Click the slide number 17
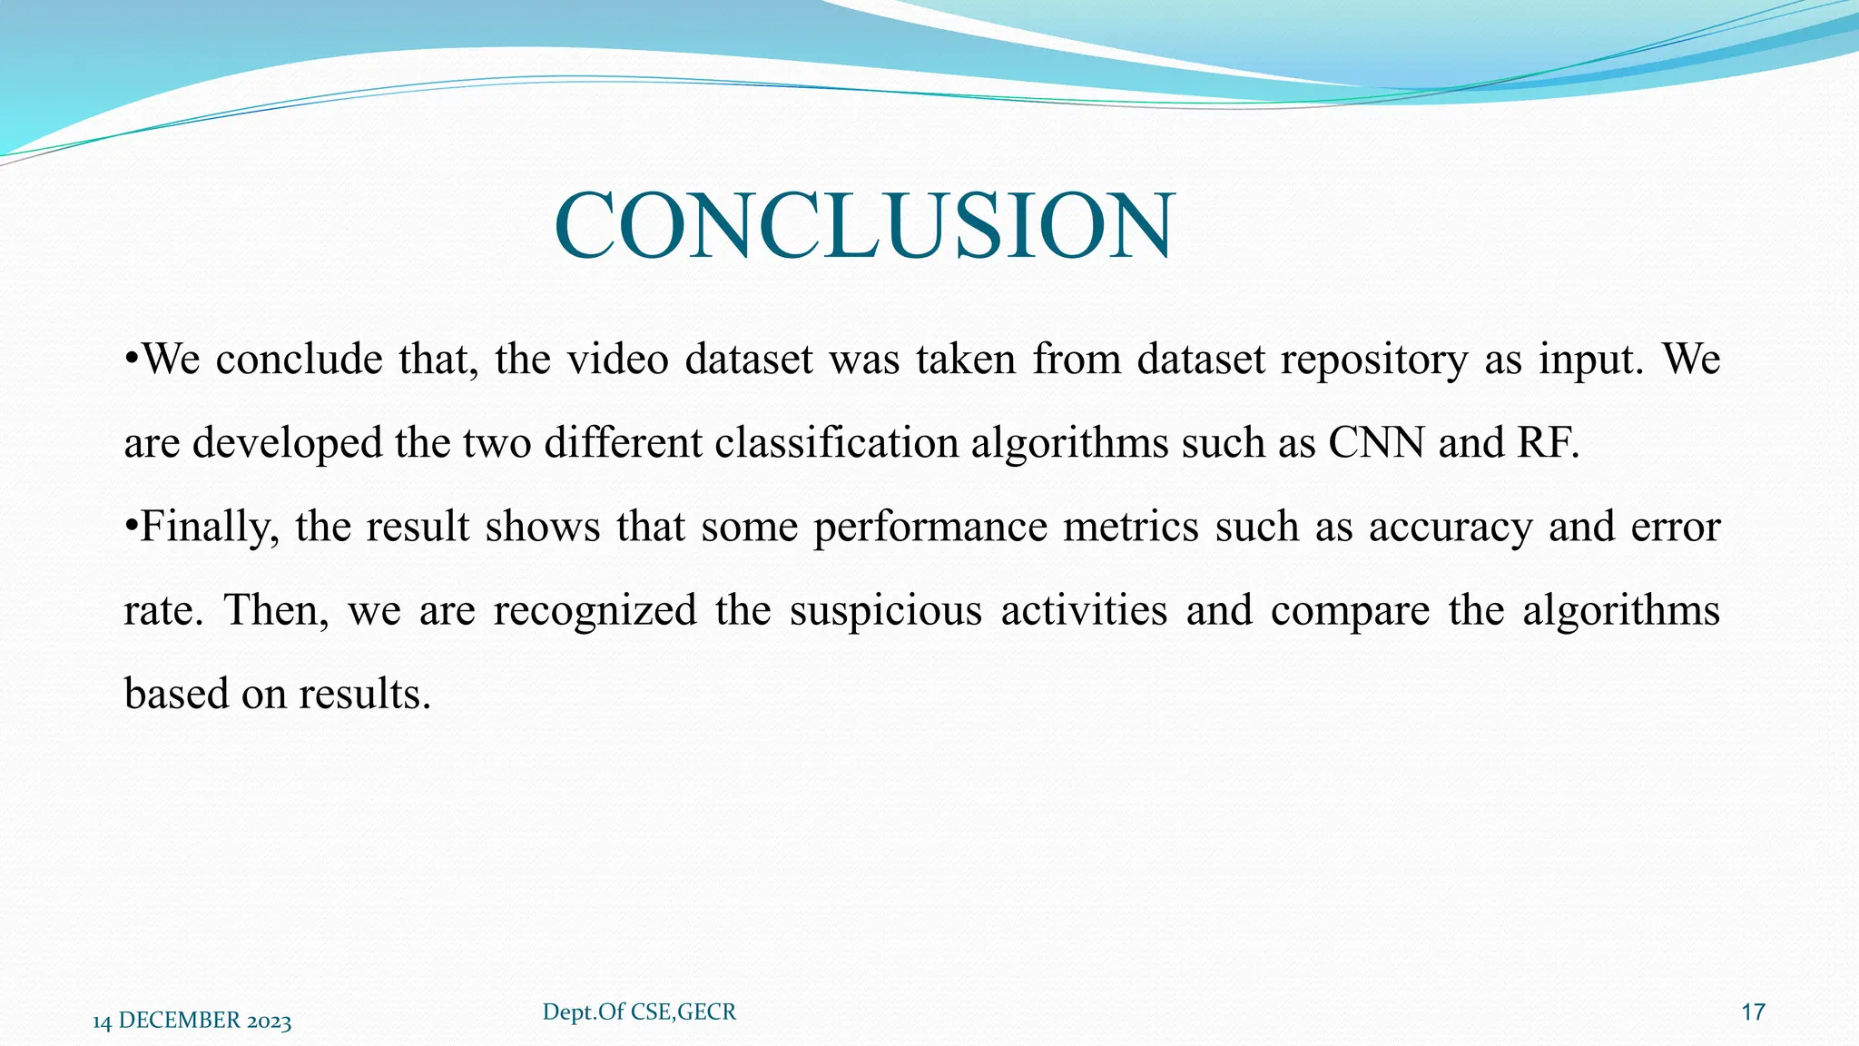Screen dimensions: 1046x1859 (1753, 1012)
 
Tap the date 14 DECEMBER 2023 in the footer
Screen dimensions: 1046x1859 (192, 1021)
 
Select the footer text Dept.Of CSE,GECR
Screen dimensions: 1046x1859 (639, 1011)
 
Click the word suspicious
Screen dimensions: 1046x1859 (885, 610)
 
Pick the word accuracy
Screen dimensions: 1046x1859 (1451, 528)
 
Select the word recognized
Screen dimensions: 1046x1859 (595, 610)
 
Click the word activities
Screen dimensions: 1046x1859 (1084, 610)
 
